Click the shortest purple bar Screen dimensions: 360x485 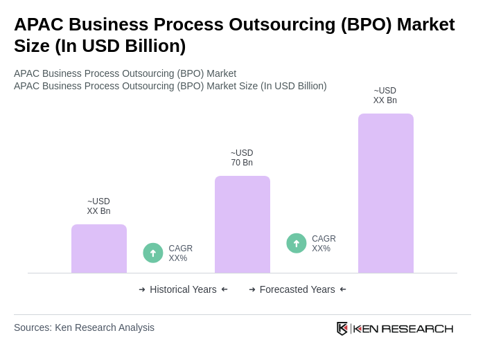click(x=99, y=249)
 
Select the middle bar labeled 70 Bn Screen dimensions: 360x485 click(x=242, y=224)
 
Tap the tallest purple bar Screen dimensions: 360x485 click(x=386, y=193)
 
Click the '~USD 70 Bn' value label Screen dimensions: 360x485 click(x=242, y=158)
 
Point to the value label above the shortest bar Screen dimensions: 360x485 click(x=98, y=206)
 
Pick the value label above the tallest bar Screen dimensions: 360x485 click(x=385, y=96)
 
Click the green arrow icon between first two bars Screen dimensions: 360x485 click(x=153, y=253)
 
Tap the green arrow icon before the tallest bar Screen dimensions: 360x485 click(x=297, y=243)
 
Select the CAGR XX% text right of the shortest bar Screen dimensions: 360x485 click(x=180, y=253)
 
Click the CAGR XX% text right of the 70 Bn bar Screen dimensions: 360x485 click(x=324, y=244)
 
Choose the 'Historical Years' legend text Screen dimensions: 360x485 click(x=183, y=289)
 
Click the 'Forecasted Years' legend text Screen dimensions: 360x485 click(x=297, y=289)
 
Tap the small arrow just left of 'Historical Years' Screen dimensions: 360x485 click(x=142, y=289)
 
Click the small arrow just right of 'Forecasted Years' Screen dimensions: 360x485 click(x=343, y=289)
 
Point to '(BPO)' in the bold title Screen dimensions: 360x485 click(x=366, y=24)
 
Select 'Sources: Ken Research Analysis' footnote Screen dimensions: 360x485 click(x=84, y=327)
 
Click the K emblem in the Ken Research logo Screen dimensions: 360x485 click(x=342, y=328)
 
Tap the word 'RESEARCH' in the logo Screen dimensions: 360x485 click(x=417, y=328)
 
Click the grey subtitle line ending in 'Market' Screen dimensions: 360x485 click(x=125, y=73)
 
